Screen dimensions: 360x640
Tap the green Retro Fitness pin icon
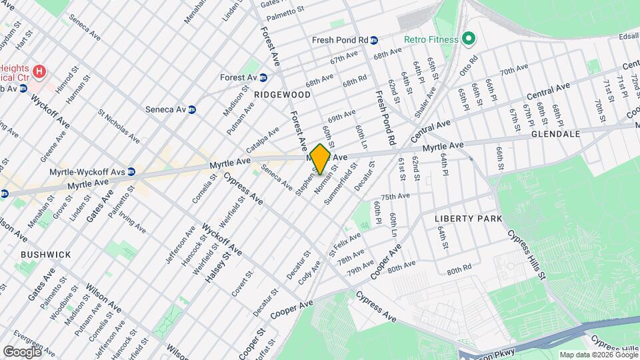click(468, 39)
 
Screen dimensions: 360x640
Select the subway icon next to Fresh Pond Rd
click(375, 40)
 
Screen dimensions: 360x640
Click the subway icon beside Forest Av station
click(263, 77)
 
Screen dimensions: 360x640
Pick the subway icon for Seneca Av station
click(192, 109)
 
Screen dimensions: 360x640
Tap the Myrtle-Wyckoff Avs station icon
click(131, 171)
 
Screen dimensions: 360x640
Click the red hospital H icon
click(40, 71)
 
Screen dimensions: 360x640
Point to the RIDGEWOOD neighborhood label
click(282, 95)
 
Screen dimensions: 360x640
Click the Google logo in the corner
click(22, 351)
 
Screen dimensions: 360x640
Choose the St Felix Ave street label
click(344, 243)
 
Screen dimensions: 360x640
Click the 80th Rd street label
click(459, 271)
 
